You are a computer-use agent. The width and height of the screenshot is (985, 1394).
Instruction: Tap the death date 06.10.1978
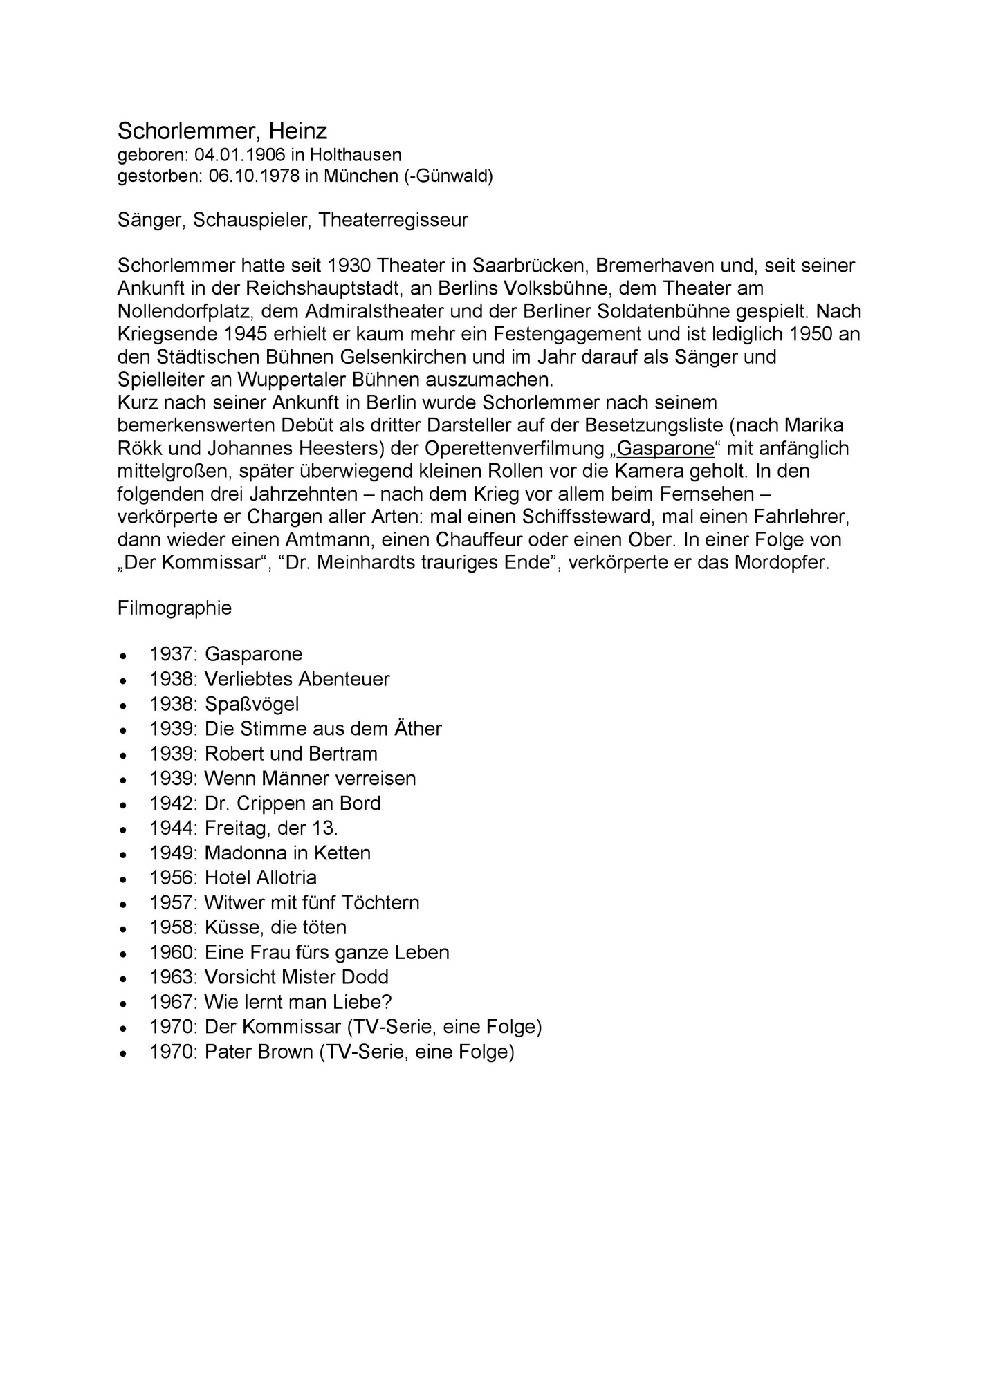tap(254, 176)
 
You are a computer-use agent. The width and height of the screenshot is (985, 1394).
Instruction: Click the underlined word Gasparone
tap(665, 448)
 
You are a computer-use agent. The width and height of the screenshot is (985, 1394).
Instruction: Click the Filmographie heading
tap(174, 608)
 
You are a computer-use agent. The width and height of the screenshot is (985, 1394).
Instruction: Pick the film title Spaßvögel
tap(252, 704)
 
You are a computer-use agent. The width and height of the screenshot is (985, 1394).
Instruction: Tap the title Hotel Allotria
tap(261, 878)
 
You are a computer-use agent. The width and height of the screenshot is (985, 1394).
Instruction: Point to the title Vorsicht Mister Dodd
tap(297, 978)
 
